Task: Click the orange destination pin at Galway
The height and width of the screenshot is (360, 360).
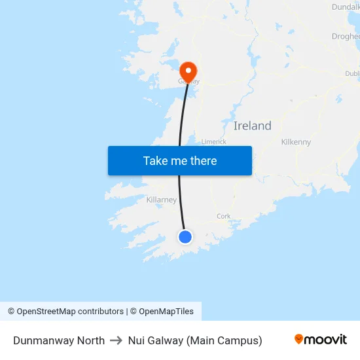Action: [189, 71]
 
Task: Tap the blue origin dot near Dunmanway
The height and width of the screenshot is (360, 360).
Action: [185, 237]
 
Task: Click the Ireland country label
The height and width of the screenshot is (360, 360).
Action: [252, 126]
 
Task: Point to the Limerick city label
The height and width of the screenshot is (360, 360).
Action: [213, 141]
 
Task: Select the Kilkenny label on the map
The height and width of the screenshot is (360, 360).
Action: [296, 142]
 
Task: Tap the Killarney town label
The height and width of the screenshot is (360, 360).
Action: [161, 200]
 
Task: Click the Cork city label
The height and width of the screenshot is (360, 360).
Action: [223, 216]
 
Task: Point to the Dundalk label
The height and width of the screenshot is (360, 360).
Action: [346, 7]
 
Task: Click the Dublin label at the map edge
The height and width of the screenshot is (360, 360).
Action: [352, 74]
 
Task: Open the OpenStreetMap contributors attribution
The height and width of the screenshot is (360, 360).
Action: [70, 312]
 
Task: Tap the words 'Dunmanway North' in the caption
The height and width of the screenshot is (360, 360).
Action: [59, 340]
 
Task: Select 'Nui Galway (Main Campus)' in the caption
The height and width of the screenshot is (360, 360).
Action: [195, 340]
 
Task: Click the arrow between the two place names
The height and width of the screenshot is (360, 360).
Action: [117, 340]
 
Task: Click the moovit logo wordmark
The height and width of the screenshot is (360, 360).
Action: [325, 339]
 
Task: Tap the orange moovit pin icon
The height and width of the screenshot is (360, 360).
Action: [299, 339]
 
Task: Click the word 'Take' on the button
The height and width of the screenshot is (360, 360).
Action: [155, 161]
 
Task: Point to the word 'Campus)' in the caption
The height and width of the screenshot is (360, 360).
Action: [242, 340]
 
